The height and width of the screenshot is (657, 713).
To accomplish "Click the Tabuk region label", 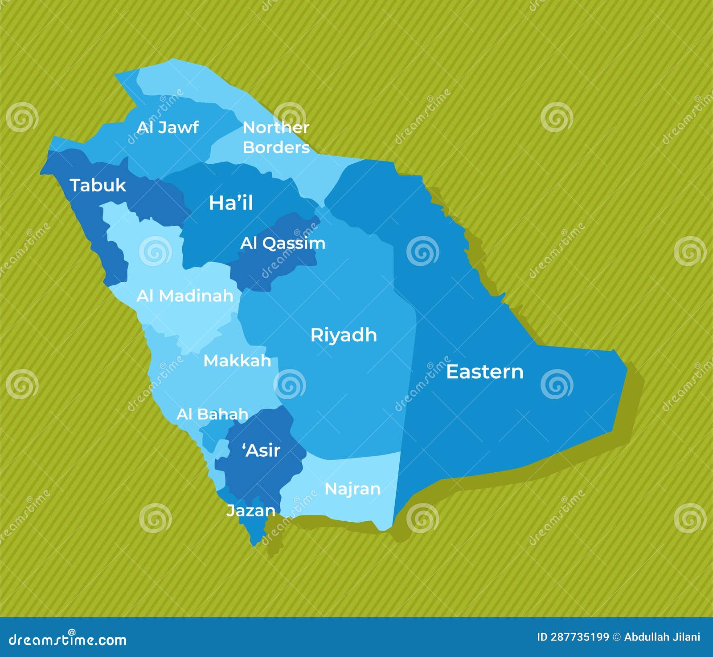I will point(98,186).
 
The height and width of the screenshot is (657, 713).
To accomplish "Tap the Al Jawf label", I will point(168,128).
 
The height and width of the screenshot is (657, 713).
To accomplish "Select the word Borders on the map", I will point(276,147).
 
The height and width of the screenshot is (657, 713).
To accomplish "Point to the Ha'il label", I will point(231,203).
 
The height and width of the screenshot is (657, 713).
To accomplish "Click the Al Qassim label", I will point(283,243).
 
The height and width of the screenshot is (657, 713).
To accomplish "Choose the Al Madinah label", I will point(185,296).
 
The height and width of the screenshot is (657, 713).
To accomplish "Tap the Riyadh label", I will point(343,335).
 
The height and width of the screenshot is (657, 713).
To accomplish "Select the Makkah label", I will point(237,361).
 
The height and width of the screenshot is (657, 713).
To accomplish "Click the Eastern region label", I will point(484,372).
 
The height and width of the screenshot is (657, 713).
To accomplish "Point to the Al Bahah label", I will point(212,414).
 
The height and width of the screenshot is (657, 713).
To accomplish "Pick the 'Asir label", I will point(261,450).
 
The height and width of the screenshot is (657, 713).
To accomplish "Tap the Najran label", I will point(352,489).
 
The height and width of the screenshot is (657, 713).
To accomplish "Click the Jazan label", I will point(250,511).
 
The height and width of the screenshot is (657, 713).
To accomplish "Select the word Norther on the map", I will point(276,128).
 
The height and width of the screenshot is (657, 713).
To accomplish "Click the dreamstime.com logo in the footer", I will point(68,640).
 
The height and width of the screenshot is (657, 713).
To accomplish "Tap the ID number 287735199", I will point(580,637).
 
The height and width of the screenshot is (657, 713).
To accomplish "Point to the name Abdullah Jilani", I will point(662,637).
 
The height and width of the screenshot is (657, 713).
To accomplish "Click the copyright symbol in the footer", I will point(616,637).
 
